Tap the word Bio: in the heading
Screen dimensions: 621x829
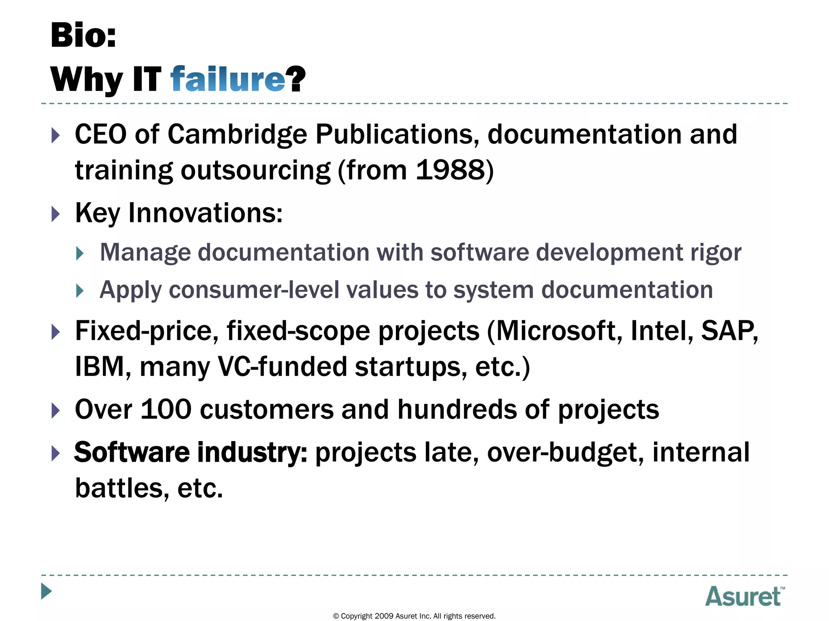pyautogui.click(x=83, y=36)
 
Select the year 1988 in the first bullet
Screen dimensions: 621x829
pyautogui.click(x=450, y=170)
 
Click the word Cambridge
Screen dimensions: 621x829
pyautogui.click(x=237, y=134)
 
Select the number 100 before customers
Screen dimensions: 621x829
pyautogui.click(x=166, y=410)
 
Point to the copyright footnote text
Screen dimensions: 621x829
pyautogui.click(x=414, y=616)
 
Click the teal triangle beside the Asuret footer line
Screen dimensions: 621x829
pyautogui.click(x=47, y=591)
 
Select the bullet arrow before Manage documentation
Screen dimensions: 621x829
pyautogui.click(x=80, y=253)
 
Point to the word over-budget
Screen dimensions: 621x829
pyautogui.click(x=565, y=452)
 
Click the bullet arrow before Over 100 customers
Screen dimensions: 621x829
pyautogui.click(x=56, y=410)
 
